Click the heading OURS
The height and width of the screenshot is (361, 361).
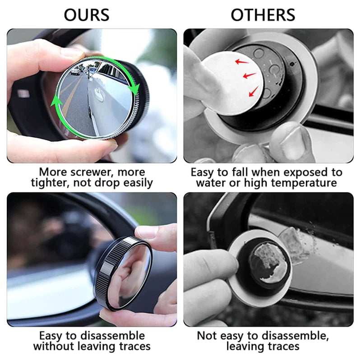pos(86,15)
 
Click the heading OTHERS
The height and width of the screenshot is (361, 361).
pos(263,15)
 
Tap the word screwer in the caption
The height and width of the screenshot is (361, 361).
pos(93,172)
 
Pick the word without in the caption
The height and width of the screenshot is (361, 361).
pos(54,346)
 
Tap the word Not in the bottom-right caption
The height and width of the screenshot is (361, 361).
pos(207,336)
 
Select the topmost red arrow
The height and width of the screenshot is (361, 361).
pos(242,62)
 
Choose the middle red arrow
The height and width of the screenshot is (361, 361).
pos(250,75)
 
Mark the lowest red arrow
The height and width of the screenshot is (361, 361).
pos(254,91)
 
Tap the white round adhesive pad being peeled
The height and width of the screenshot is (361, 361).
pos(232,83)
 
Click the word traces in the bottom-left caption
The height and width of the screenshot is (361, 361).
pos(134,346)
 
